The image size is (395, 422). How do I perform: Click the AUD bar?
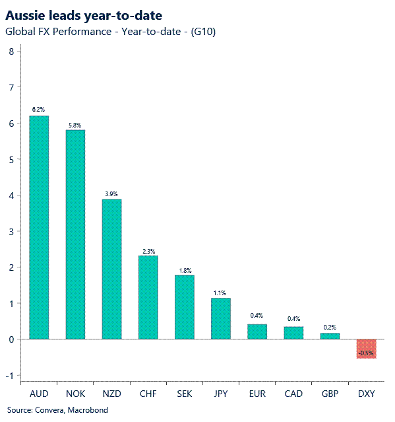(x=39, y=227)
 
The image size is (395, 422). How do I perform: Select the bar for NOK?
(x=75, y=234)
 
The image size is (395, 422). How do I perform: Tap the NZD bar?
(x=111, y=269)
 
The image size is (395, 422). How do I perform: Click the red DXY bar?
(x=366, y=348)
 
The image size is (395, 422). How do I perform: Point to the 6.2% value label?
(x=39, y=109)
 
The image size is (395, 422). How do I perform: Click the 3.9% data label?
(x=111, y=193)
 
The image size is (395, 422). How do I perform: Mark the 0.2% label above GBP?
(x=330, y=326)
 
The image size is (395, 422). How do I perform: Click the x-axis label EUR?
(x=257, y=394)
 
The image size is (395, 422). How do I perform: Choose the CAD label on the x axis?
(x=293, y=394)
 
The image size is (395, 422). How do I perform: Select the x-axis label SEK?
(x=184, y=394)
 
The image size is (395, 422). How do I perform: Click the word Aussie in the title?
(x=25, y=15)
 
